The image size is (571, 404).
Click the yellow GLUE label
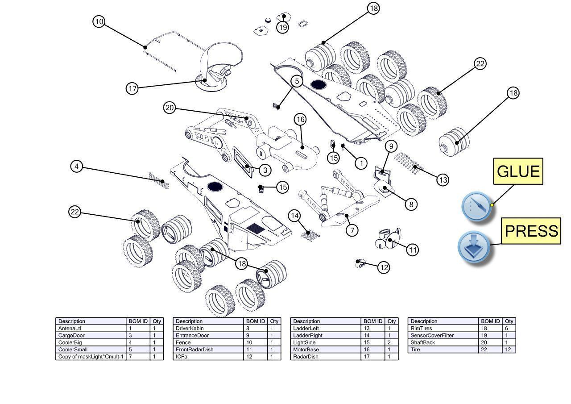click(517, 171)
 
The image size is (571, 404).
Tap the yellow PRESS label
click(531, 231)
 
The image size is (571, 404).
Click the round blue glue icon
click(476, 207)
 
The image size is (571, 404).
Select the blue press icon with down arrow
click(474, 246)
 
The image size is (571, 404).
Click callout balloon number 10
click(99, 21)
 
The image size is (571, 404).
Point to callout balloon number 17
click(132, 88)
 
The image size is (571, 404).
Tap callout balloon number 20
click(170, 108)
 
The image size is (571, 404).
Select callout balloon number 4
click(77, 167)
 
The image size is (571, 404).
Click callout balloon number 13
click(443, 180)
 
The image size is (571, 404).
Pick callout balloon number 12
click(384, 267)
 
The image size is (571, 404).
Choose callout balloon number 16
click(300, 119)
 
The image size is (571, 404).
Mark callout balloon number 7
click(352, 230)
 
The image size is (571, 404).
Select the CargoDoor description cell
click(91, 335)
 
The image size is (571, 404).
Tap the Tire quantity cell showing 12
click(509, 350)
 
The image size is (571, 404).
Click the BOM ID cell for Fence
click(256, 342)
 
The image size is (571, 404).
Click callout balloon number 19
click(283, 27)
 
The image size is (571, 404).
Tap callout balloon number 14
click(294, 216)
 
